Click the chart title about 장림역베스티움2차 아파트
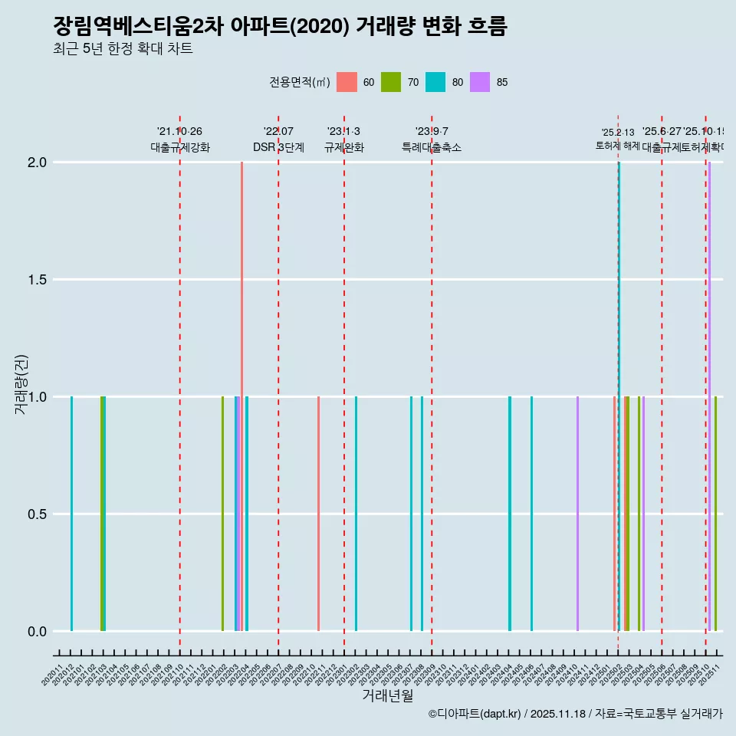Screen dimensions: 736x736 click(x=280, y=27)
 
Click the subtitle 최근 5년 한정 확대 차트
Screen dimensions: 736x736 click(x=122, y=49)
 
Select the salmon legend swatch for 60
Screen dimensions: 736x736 click(x=347, y=82)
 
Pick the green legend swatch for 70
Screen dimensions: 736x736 click(x=391, y=82)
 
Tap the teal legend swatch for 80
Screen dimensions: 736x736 click(x=435, y=82)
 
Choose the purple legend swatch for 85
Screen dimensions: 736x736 click(x=480, y=82)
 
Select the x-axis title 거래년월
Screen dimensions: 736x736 click(x=387, y=695)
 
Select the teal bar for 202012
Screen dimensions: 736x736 click(x=71, y=514)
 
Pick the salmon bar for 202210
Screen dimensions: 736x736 click(x=318, y=514)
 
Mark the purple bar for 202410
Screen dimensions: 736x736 click(x=577, y=514)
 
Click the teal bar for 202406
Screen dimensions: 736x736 click(x=531, y=514)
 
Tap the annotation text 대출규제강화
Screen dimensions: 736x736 click(x=179, y=148)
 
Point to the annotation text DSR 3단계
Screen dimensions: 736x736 click(x=278, y=148)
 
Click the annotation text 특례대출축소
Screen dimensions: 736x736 click(x=432, y=148)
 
